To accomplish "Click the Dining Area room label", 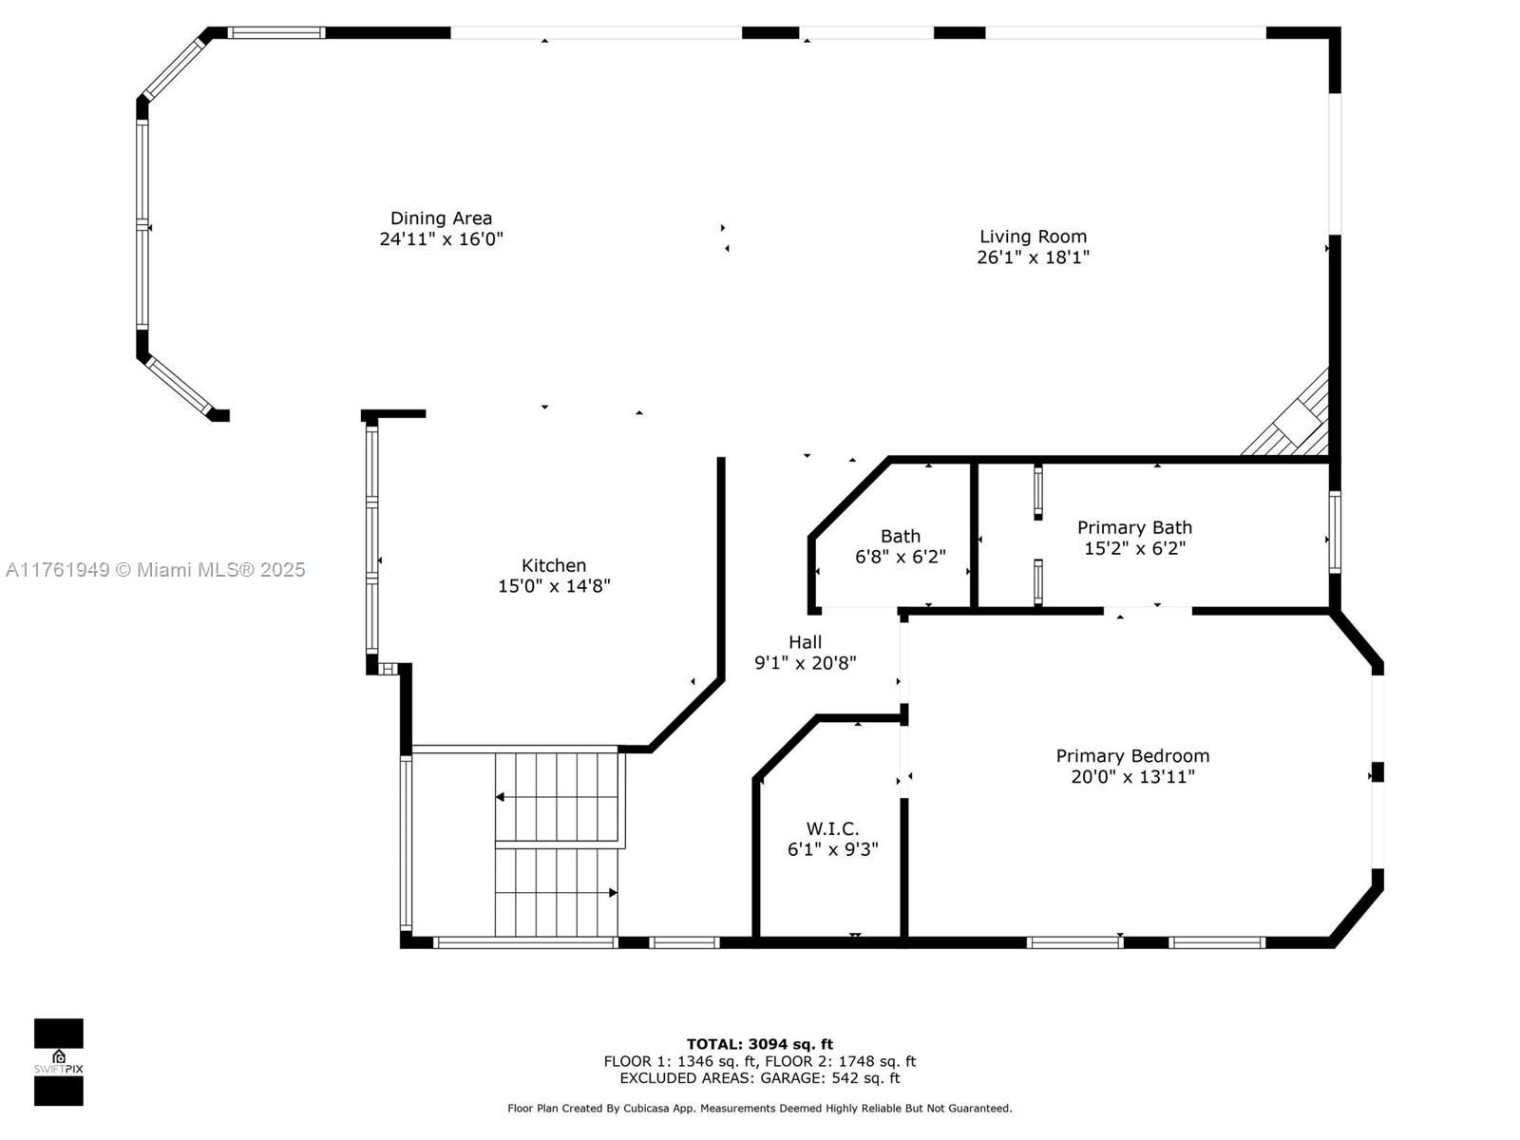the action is click(x=441, y=218).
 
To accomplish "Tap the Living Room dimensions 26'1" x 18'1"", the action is click(x=1033, y=257).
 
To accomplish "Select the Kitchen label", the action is click(x=553, y=565).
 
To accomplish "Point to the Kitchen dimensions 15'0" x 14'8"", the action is click(x=554, y=586).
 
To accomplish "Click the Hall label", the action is click(x=805, y=641).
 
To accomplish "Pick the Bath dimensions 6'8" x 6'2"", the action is click(x=901, y=557).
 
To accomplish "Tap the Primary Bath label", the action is click(x=1134, y=527).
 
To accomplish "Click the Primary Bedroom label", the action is click(x=1132, y=756).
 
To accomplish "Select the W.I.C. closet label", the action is click(x=832, y=828).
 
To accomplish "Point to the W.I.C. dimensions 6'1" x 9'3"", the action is click(x=832, y=849).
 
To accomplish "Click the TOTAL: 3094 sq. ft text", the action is click(x=760, y=1044).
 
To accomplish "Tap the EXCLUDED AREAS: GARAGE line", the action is click(x=760, y=1077).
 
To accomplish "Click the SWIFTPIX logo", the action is click(x=59, y=1062).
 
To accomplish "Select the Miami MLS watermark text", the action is click(x=155, y=570).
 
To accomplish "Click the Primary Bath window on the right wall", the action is click(x=1335, y=532).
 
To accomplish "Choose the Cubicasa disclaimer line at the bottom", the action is click(x=760, y=1108).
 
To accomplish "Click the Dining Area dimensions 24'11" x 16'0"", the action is click(x=441, y=239).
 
